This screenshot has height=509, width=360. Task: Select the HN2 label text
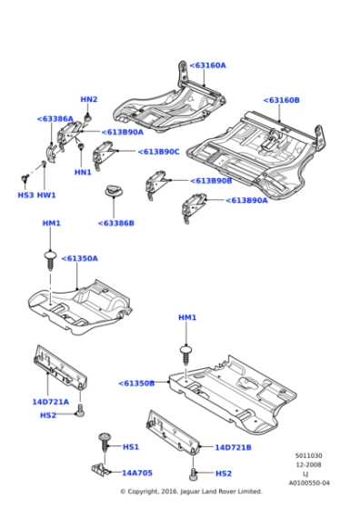[x=88, y=99]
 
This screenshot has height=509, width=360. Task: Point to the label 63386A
[x=55, y=118]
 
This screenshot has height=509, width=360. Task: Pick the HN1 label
[x=83, y=173]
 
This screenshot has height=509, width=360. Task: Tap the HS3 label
[x=25, y=195]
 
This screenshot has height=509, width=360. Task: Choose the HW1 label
[x=46, y=195]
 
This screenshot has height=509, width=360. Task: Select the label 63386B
[x=116, y=223]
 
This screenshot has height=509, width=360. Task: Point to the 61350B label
[x=136, y=383]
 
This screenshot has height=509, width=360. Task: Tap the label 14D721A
[x=51, y=401]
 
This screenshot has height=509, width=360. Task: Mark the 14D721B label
[x=233, y=447]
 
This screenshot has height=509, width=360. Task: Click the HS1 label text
[x=131, y=446]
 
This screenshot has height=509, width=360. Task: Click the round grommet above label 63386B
[x=115, y=190]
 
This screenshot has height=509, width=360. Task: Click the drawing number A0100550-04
[x=309, y=483]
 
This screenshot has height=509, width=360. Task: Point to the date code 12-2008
[x=305, y=464]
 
